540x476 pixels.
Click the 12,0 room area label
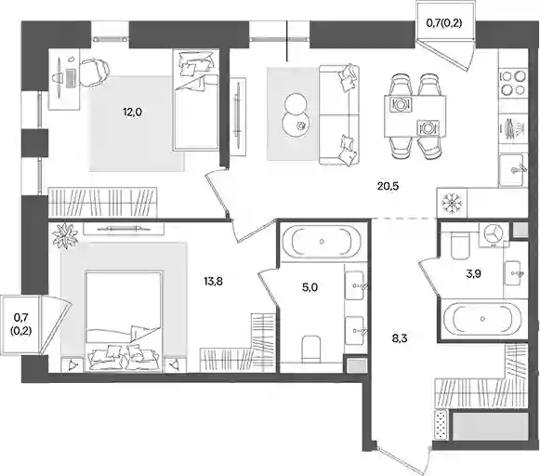[132, 112]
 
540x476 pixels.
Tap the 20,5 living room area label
[388, 186]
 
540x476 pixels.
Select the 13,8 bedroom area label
[213, 282]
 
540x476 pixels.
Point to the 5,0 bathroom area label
[310, 287]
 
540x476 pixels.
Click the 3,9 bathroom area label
[473, 274]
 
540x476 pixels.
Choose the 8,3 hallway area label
[400, 338]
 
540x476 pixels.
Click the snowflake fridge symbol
[452, 203]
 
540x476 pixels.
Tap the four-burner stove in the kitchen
[513, 83]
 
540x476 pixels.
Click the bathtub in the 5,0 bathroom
[322, 242]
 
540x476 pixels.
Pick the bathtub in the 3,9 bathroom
[483, 319]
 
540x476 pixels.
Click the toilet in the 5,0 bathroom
[310, 349]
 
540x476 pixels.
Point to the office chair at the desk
[94, 72]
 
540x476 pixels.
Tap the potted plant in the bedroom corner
[65, 236]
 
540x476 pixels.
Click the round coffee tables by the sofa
[296, 114]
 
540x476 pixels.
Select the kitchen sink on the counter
[513, 169]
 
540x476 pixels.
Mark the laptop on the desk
[71, 78]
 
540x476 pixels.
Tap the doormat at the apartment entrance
[441, 424]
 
